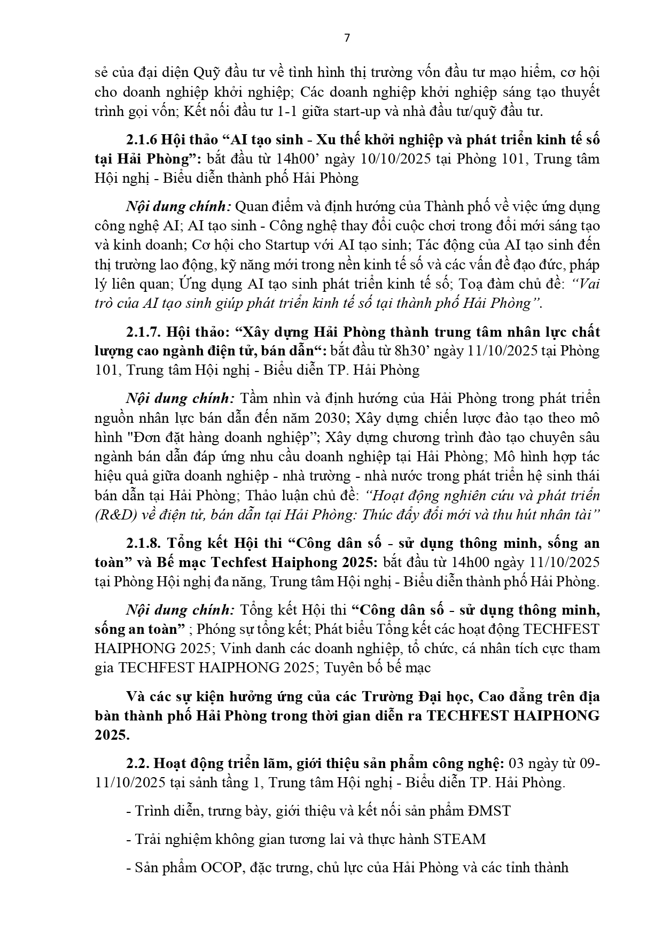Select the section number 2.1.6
(x=142, y=139)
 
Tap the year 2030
(x=333, y=418)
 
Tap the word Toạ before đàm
(x=476, y=284)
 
